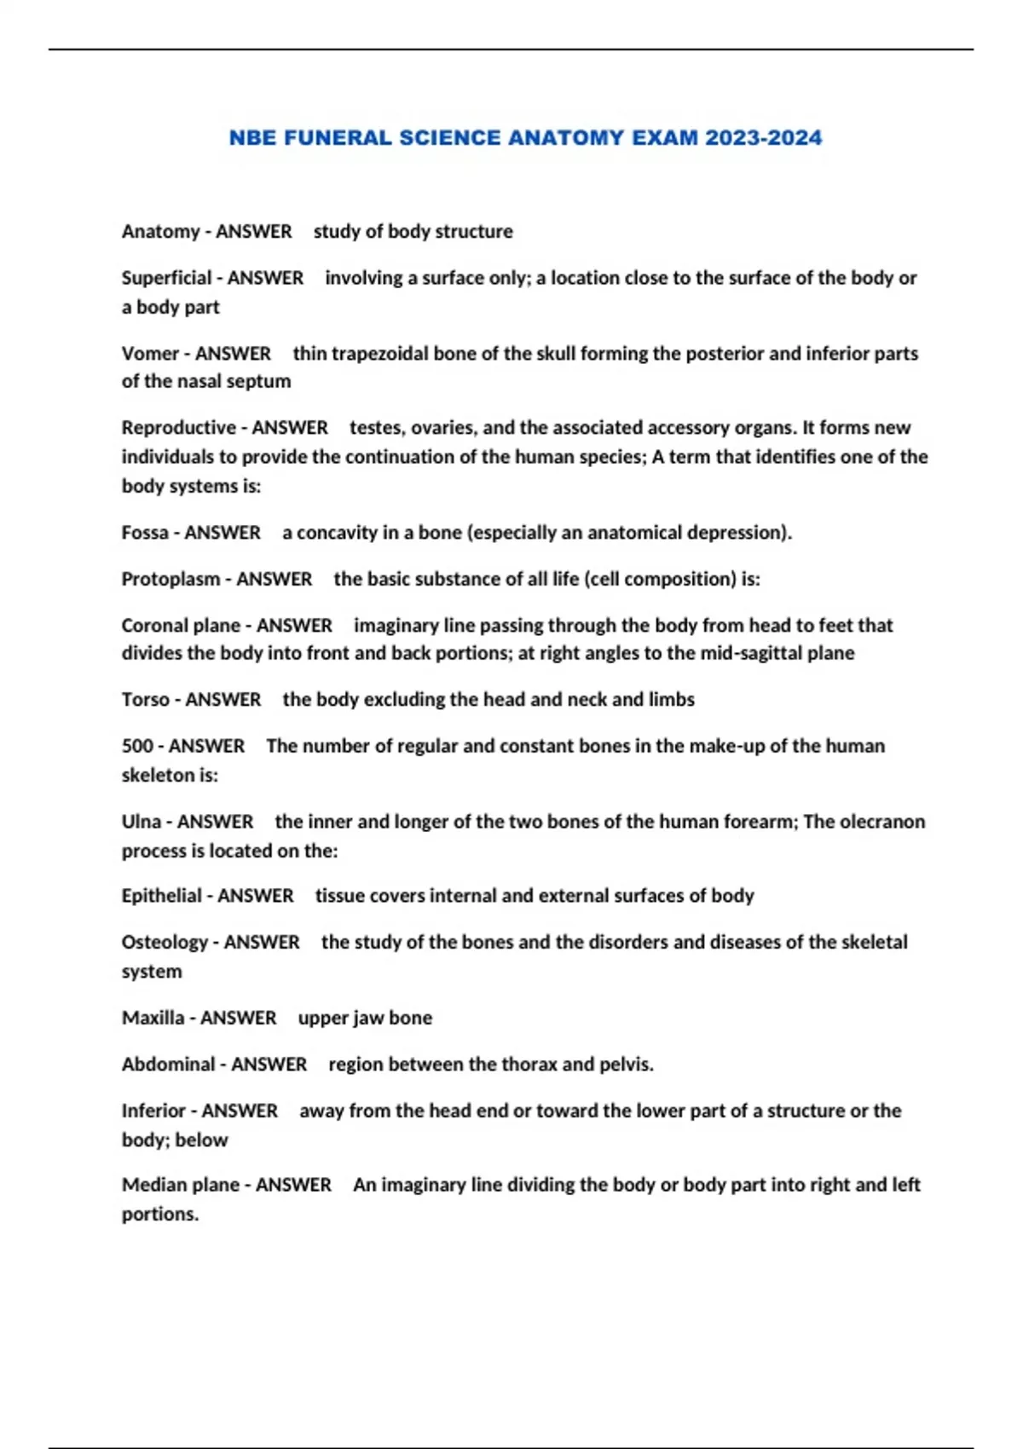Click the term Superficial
166,278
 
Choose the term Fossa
145,533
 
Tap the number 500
137,746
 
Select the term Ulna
141,822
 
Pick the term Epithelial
162,896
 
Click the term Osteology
165,943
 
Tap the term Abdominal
168,1065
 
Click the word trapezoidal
379,354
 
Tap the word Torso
145,700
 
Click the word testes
374,428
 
